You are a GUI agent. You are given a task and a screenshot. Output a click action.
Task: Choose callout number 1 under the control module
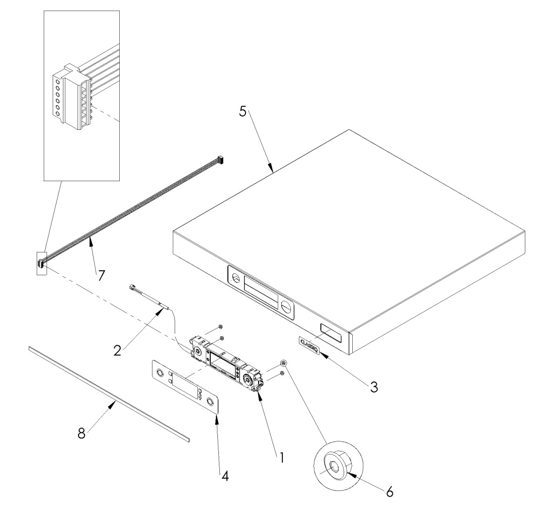coord(282,457)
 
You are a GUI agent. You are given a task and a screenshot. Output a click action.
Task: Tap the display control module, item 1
coord(227,366)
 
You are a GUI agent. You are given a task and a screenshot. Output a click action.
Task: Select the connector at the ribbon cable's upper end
coord(220,160)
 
